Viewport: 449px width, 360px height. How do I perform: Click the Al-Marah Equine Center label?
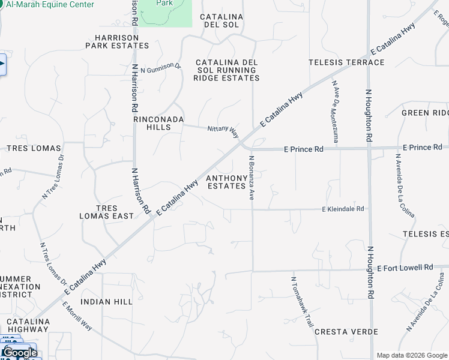point(50,5)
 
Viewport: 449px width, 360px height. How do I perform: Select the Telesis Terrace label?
point(346,62)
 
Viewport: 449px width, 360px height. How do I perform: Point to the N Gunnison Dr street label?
point(160,68)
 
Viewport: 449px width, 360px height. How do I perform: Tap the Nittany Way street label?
point(223,130)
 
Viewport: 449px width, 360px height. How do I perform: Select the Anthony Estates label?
point(226,182)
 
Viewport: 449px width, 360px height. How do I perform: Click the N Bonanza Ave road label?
point(252,178)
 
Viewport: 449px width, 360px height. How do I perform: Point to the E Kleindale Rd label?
point(343,209)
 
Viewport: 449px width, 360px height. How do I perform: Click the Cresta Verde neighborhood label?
point(346,332)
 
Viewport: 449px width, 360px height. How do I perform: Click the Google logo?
point(20,353)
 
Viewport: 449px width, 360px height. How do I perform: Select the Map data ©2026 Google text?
point(411,355)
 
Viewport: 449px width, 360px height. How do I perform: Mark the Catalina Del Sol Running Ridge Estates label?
point(228,70)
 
